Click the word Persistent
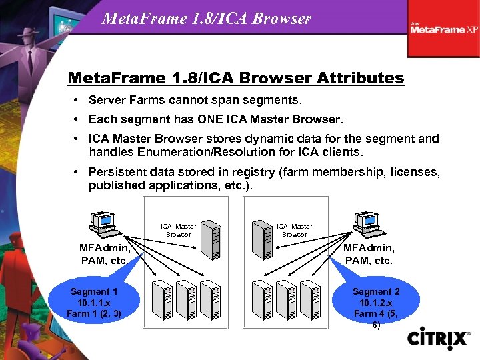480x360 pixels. pyautogui.click(x=119, y=172)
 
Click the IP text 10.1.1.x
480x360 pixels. pyautogui.click(x=94, y=302)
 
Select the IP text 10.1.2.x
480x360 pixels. pyautogui.click(x=376, y=302)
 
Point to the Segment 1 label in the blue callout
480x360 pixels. pyautogui.click(x=94, y=291)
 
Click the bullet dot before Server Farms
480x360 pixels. pyautogui.click(x=78, y=101)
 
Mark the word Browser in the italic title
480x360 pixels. pyautogui.click(x=286, y=18)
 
